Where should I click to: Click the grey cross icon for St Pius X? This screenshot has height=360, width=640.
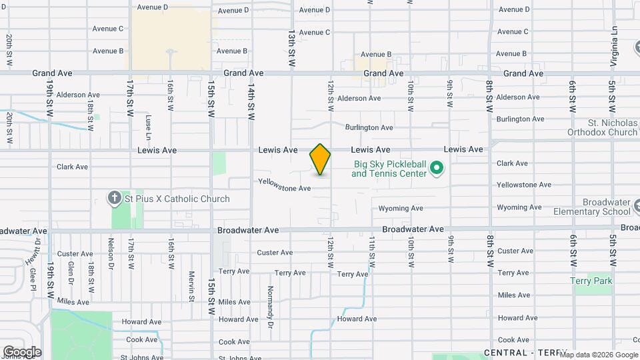click(x=115, y=198)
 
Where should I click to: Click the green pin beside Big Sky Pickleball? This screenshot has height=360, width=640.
click(x=437, y=168)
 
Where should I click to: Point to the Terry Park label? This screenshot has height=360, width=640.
click(x=591, y=281)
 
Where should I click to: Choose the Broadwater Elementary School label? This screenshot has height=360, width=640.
click(x=592, y=207)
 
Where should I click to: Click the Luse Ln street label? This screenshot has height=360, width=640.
click(x=149, y=125)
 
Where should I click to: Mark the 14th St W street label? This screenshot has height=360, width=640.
click(x=251, y=101)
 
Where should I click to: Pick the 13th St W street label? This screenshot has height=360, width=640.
click(x=291, y=47)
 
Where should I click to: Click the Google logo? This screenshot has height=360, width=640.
click(x=22, y=352)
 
